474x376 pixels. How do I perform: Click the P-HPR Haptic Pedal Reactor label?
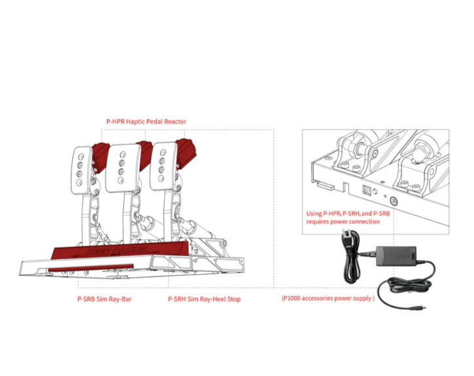point(146,122)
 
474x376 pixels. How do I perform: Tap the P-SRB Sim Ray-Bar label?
point(105,299)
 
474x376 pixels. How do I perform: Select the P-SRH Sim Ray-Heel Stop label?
point(204,299)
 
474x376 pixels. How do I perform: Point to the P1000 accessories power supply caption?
point(328,298)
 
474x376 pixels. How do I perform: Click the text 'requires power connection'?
point(343,221)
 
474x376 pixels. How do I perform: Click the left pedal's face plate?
point(81,170)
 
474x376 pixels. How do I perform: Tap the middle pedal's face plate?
point(122,168)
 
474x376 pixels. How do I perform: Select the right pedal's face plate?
point(163,166)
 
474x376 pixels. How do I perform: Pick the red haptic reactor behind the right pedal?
point(186,154)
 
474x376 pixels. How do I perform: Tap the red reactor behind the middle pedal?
point(145,155)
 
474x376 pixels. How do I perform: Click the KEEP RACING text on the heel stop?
point(117,250)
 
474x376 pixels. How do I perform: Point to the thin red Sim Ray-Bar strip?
point(91,268)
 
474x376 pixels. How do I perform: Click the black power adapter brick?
point(396,256)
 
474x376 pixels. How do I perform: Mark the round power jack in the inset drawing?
point(394,201)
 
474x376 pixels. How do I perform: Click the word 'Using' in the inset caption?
point(314,214)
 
